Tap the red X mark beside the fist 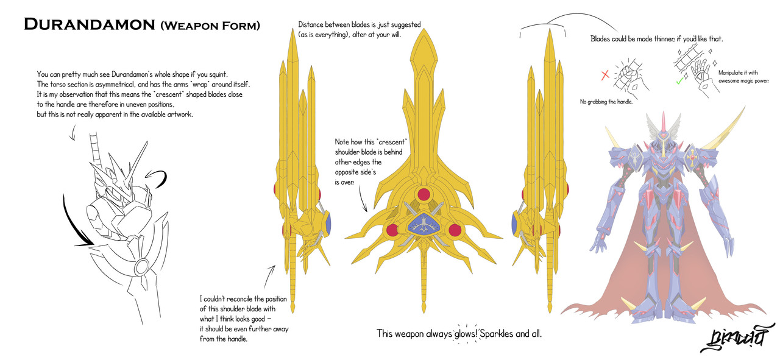tap(605, 76)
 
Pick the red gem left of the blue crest tap(393, 230)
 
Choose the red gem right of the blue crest tap(454, 230)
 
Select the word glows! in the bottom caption tap(463, 334)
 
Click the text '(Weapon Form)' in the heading tap(210, 26)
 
